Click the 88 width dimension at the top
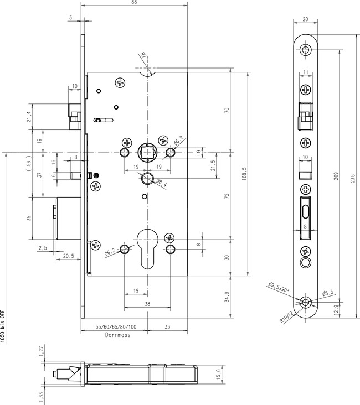134,2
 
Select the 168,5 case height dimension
245,173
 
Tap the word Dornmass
117,335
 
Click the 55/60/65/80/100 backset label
116,327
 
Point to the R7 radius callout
143,55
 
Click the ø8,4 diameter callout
161,183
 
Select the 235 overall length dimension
353,179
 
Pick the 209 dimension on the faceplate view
336,176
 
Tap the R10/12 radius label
287,317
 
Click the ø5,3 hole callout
328,293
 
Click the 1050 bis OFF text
2,326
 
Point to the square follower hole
147,152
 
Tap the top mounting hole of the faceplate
305,49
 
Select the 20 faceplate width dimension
305,19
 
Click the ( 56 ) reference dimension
29,163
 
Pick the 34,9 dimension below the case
227,297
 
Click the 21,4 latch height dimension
29,117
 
